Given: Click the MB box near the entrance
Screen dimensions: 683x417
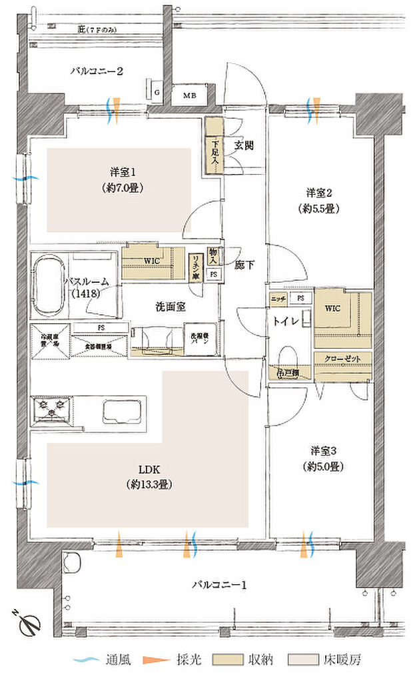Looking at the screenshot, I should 190,95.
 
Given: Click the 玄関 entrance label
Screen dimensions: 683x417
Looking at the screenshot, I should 242,145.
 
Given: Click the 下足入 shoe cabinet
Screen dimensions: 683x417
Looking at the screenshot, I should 214,147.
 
